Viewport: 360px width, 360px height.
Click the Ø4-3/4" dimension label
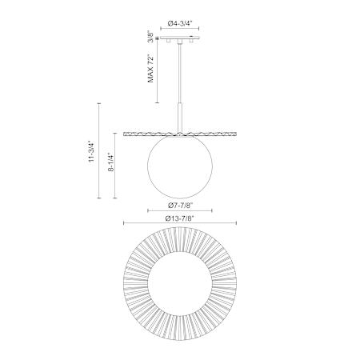pos(180,23)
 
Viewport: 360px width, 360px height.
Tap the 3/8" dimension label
pos(151,37)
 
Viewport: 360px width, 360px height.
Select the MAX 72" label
pos(151,69)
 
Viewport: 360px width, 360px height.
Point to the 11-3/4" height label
pos(92,151)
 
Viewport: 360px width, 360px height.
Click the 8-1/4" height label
pos(111,162)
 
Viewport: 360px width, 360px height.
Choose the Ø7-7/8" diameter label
pos(180,206)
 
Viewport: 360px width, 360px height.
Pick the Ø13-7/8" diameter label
pos(179,218)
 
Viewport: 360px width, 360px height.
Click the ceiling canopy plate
pos(180,38)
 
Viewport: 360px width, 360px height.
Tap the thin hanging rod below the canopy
pos(180,72)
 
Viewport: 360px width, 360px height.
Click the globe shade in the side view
pos(180,166)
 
